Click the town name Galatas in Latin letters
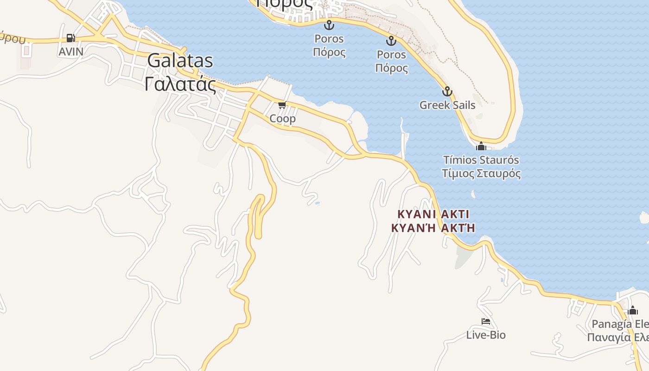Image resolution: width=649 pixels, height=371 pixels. (x=180, y=61)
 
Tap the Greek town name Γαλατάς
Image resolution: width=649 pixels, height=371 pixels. (x=180, y=85)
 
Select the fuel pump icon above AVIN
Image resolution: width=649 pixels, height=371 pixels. (x=70, y=38)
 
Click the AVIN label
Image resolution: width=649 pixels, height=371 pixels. (x=71, y=51)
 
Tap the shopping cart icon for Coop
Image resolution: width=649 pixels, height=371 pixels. (x=282, y=105)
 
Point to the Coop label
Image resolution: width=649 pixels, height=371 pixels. (x=282, y=119)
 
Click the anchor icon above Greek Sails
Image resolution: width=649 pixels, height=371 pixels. (x=447, y=91)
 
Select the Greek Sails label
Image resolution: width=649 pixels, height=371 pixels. (x=447, y=105)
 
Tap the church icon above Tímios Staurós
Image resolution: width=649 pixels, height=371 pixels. (x=481, y=146)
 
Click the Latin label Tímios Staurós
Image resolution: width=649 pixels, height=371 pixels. (x=481, y=160)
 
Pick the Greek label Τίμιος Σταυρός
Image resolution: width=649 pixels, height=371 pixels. (x=481, y=174)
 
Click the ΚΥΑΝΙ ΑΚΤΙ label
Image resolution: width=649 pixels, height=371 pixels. (x=433, y=214)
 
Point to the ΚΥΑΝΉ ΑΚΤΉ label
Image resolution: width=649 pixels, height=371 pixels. (x=433, y=228)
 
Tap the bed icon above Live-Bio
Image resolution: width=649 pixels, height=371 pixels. (x=486, y=321)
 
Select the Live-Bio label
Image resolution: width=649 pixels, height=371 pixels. (x=486, y=335)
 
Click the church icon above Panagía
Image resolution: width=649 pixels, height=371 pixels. (x=633, y=310)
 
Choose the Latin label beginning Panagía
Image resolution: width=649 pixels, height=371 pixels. (x=620, y=324)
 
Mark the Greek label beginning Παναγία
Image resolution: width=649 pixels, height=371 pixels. (x=617, y=337)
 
